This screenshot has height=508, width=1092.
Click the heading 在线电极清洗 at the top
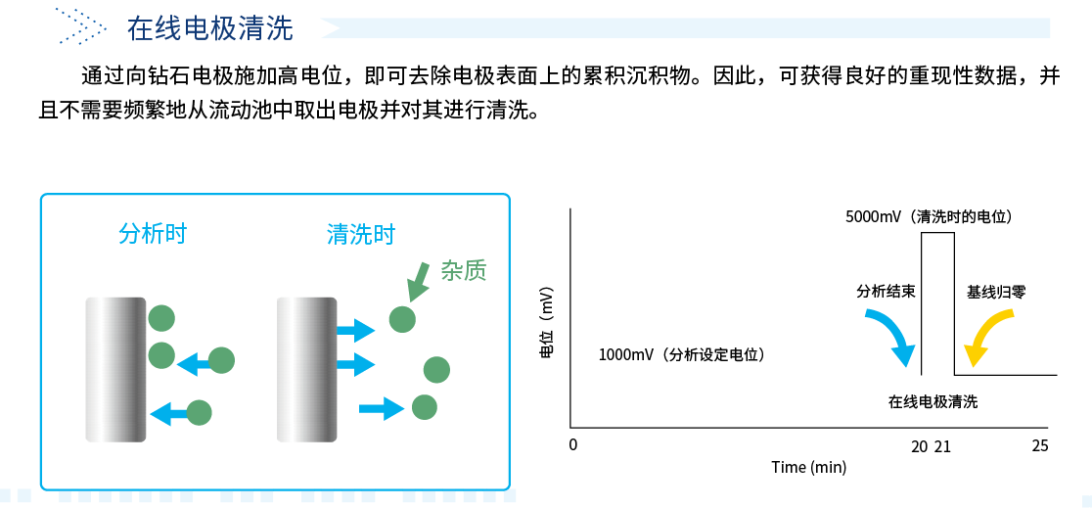(x=210, y=29)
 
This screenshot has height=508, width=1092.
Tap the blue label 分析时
(x=154, y=234)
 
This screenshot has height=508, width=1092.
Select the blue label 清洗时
(x=361, y=234)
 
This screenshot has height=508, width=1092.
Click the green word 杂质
(x=463, y=270)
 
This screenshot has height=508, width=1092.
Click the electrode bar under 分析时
(x=115, y=369)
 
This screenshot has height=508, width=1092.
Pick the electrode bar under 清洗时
(x=306, y=369)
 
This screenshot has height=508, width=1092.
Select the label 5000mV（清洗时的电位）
(x=929, y=216)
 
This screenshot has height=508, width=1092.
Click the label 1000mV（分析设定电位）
(x=683, y=355)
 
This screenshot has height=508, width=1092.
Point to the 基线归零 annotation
(x=996, y=293)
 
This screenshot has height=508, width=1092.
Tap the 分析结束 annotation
(x=886, y=293)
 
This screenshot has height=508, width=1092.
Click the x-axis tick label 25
(x=1040, y=446)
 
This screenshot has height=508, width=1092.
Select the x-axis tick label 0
(x=573, y=444)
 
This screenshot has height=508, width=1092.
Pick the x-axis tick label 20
(x=919, y=446)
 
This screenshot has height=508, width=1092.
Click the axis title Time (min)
(x=808, y=467)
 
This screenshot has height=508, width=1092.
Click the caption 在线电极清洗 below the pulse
(x=933, y=402)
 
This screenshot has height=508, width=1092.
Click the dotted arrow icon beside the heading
(x=81, y=25)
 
